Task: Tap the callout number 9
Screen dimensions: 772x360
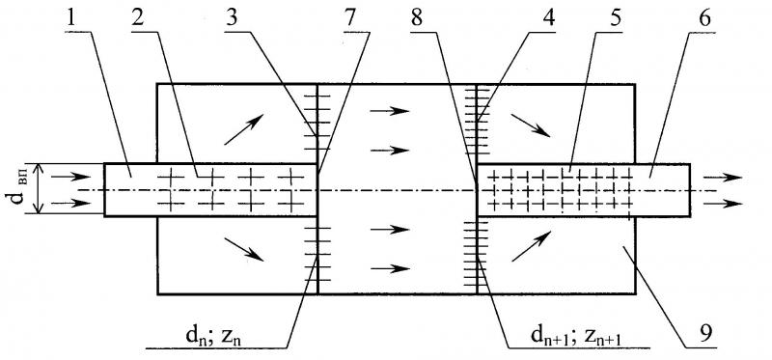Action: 706,335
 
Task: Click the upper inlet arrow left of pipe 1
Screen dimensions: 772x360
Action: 70,177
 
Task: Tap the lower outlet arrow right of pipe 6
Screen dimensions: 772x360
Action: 722,203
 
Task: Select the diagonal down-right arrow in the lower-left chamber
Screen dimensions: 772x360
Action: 243,249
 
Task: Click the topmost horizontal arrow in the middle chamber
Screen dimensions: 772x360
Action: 390,111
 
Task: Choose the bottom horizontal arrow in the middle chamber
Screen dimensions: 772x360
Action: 390,268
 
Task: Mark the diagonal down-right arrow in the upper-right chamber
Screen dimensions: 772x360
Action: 531,125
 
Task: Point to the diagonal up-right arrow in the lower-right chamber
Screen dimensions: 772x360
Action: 531,247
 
